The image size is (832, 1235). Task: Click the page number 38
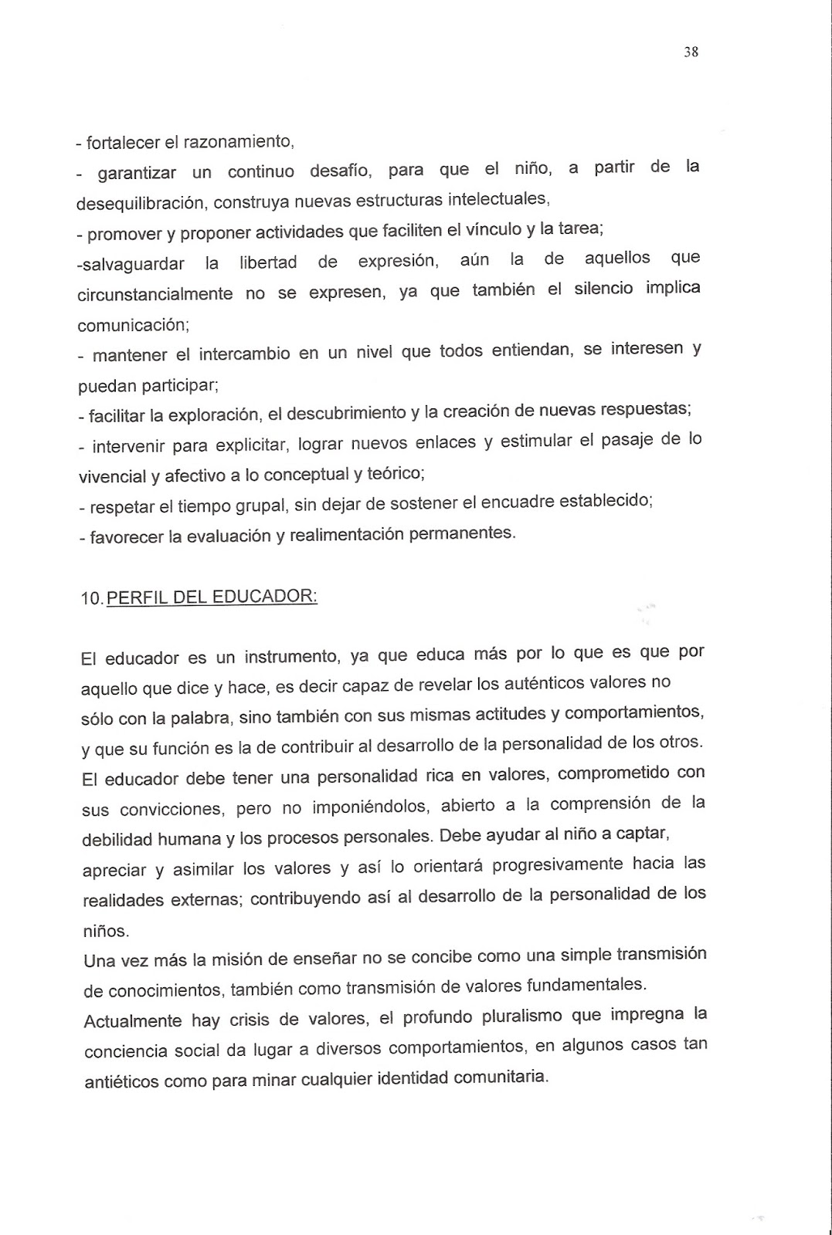coord(691,52)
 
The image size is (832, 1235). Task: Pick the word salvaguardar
coord(131,263)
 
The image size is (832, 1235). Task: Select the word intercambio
coord(244,354)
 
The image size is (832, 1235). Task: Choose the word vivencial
coord(113,476)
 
